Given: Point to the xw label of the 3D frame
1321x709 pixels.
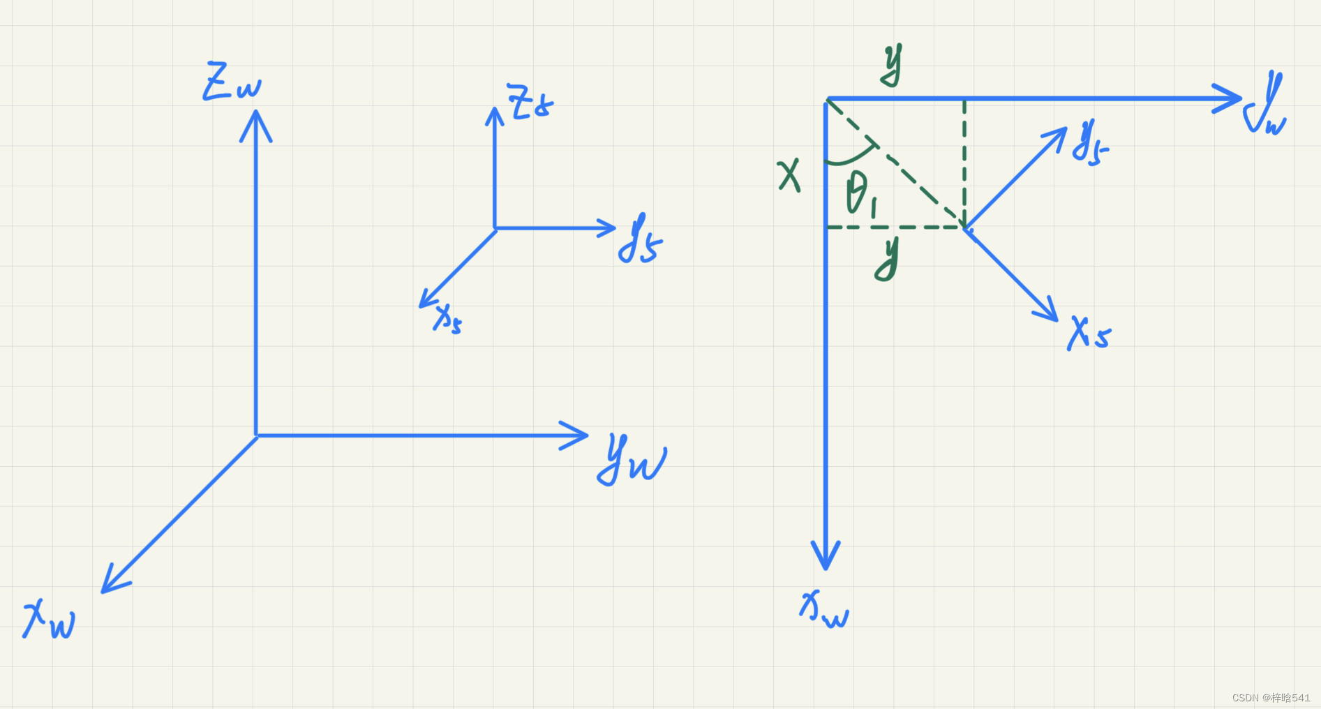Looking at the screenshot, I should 49,620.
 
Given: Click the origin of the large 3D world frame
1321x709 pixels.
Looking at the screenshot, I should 256,435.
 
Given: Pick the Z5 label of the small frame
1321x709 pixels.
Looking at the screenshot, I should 530,103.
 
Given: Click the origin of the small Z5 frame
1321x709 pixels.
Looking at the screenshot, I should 495,228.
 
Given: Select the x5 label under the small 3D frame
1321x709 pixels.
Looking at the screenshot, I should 447,320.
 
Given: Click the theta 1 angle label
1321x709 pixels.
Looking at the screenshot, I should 860,194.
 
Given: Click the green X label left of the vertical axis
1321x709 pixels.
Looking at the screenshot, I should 789,175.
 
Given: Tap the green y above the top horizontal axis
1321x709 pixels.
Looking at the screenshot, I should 891,65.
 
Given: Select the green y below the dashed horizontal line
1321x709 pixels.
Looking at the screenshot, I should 888,258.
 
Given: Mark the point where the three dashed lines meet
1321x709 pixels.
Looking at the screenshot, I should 964,227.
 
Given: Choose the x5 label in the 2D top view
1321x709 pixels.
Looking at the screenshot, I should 1089,334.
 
